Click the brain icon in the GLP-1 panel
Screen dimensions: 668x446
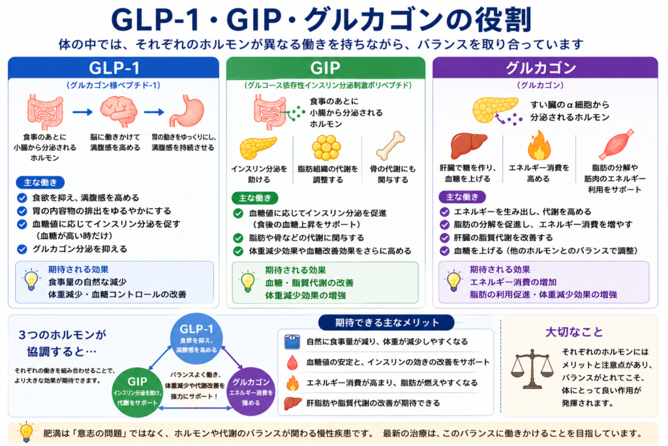(x=119, y=111)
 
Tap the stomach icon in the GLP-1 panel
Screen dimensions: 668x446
(x=187, y=110)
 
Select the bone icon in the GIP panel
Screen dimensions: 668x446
(x=391, y=146)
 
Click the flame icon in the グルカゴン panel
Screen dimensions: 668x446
(x=539, y=145)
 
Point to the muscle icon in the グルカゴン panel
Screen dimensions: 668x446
(x=616, y=144)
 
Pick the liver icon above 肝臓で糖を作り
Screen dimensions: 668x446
(x=468, y=145)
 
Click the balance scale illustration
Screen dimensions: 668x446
(x=532, y=368)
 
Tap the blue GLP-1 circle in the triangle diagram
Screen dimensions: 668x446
(x=196, y=338)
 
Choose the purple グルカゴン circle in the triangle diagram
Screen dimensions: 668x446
(x=251, y=391)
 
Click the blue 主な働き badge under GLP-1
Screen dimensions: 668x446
(x=40, y=182)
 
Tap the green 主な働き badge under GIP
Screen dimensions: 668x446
(x=255, y=198)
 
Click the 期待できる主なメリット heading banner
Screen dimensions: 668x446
(x=386, y=323)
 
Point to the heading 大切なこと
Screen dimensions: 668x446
(x=574, y=332)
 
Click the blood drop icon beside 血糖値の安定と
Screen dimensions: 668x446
(x=292, y=362)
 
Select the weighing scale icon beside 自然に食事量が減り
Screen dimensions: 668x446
(x=292, y=342)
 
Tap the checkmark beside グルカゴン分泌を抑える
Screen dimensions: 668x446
(x=22, y=249)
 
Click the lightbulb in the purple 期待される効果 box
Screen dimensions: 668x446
(x=454, y=281)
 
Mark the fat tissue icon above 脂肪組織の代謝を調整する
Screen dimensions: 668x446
(x=326, y=148)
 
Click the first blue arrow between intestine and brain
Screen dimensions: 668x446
(x=83, y=112)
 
